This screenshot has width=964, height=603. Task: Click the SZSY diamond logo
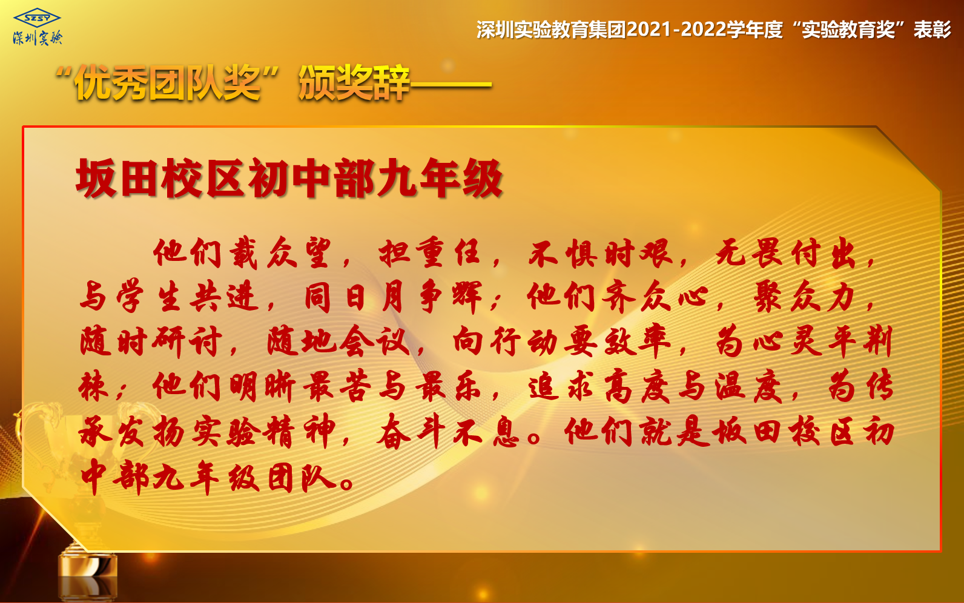37,19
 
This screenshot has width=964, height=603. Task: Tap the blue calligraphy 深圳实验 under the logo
38,38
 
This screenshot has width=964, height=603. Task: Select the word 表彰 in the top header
932,30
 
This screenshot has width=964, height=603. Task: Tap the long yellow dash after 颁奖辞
451,85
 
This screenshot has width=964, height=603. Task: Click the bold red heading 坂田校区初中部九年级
289,178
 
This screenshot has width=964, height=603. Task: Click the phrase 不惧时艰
600,253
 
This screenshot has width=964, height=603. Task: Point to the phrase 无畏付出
786,253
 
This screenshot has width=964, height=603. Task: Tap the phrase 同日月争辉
393,297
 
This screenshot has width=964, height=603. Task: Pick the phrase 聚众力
804,297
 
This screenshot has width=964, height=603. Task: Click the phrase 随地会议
338,341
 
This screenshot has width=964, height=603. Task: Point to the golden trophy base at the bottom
87,575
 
